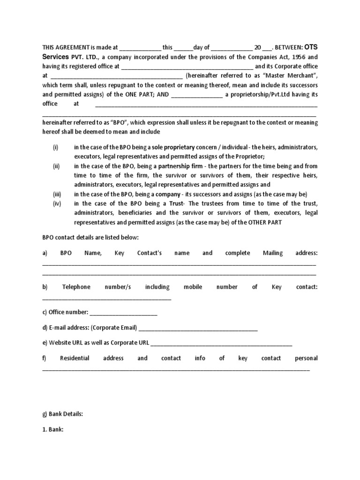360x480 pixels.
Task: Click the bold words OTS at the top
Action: coord(312,47)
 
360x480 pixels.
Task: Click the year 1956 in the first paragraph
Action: coord(293,57)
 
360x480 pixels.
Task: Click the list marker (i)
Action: coord(55,147)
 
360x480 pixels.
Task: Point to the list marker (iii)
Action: coord(56,194)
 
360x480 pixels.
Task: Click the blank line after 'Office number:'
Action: coord(123,313)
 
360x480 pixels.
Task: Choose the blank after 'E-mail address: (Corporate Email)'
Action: coord(198,328)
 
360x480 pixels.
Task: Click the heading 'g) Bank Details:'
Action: coord(62,414)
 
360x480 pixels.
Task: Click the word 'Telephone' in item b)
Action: coord(76,287)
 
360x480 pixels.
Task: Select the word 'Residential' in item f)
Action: coord(75,358)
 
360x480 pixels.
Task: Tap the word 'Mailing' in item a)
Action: coord(272,253)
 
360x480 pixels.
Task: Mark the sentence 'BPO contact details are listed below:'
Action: coord(90,238)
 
